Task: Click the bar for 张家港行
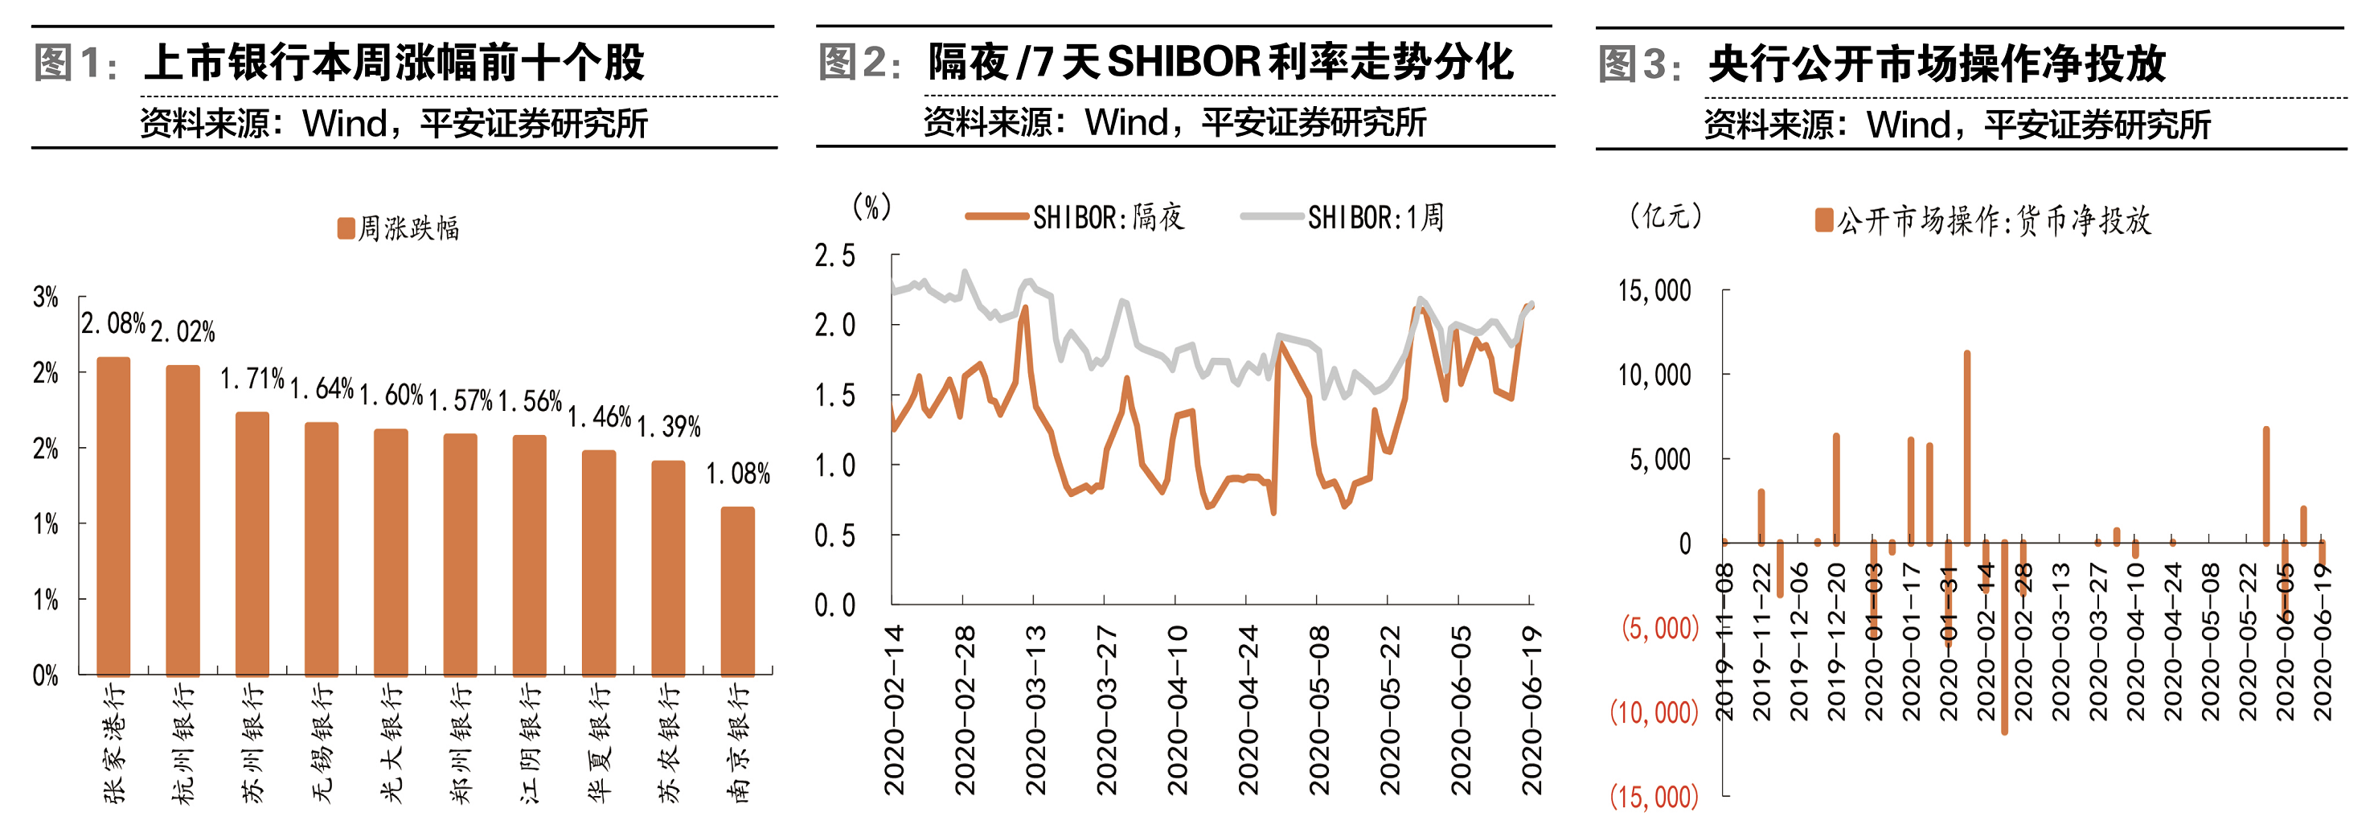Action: (x=113, y=517)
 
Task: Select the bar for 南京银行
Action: (x=737, y=591)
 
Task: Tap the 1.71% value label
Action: (x=252, y=379)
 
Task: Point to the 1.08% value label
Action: (x=737, y=474)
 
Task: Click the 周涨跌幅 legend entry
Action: (x=399, y=228)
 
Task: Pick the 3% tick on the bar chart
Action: (x=45, y=297)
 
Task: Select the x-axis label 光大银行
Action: (x=392, y=744)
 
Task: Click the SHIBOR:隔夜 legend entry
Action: (x=1076, y=217)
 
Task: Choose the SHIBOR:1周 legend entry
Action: (x=1343, y=217)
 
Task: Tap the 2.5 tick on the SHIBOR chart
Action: (x=834, y=256)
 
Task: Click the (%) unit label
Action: (x=871, y=207)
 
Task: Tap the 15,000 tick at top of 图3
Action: (x=1654, y=291)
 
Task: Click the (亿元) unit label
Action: (x=1666, y=215)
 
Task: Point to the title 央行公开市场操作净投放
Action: (x=1937, y=64)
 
